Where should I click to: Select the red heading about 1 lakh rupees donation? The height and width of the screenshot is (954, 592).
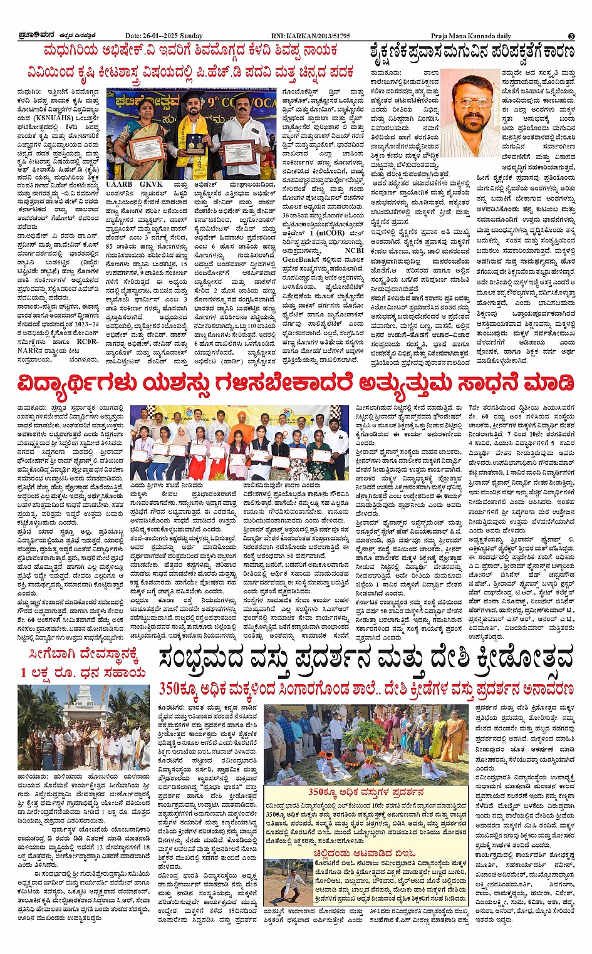(x=83, y=665)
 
